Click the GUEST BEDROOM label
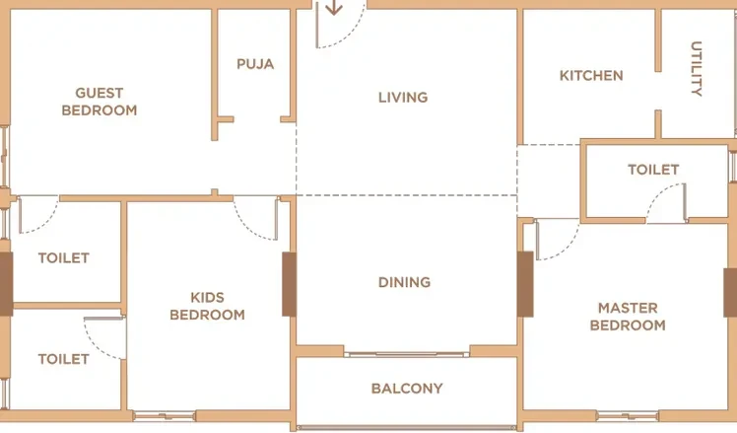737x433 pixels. click(100, 102)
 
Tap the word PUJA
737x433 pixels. click(255, 64)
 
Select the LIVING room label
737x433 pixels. click(403, 98)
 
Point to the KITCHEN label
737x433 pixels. click(591, 76)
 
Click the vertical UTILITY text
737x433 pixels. click(697, 69)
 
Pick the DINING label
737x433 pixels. click(404, 282)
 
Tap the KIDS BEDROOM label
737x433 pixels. click(207, 306)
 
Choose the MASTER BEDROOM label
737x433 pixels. click(628, 317)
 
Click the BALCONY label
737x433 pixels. click(407, 389)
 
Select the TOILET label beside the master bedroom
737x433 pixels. click(653, 170)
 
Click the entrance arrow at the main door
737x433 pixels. click(334, 8)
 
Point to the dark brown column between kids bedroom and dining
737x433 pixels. click(289, 284)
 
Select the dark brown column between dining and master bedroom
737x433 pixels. click(525, 284)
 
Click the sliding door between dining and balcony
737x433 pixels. click(407, 354)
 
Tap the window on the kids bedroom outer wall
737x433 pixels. click(164, 415)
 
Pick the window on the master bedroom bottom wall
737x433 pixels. click(628, 415)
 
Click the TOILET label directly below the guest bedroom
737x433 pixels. click(63, 257)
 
